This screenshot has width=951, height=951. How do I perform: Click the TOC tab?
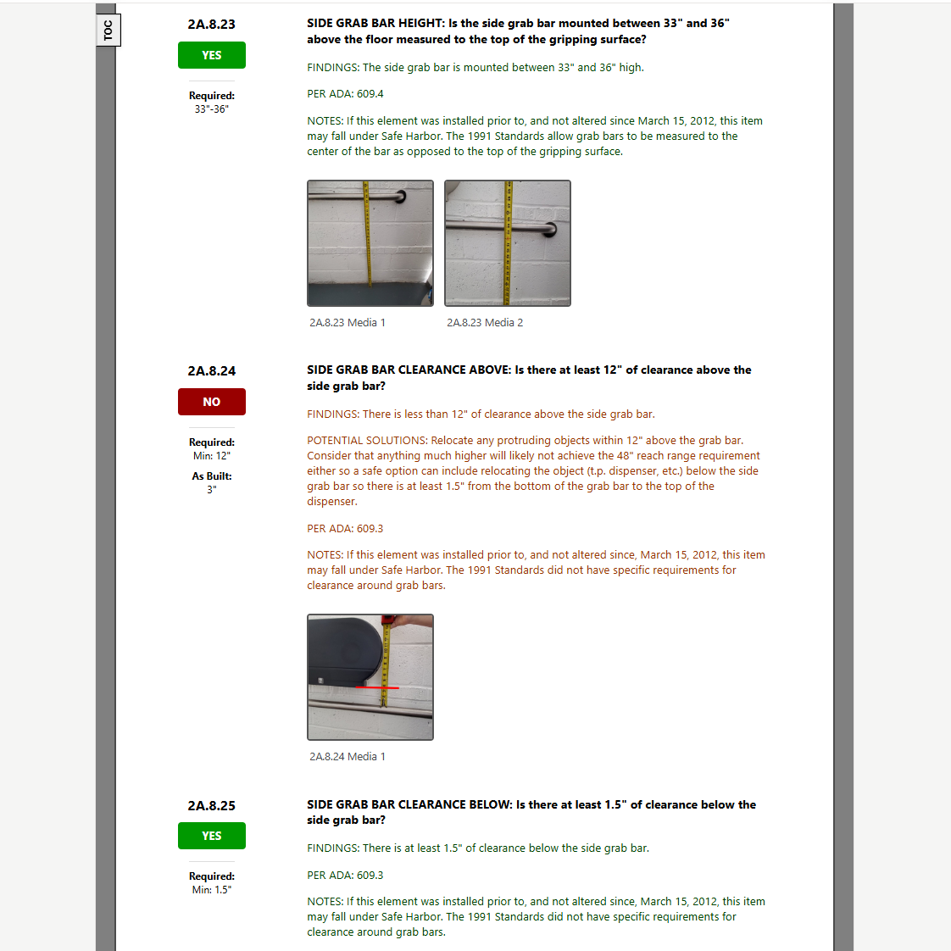pos(108,31)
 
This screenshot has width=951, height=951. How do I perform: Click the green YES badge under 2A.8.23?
pos(212,55)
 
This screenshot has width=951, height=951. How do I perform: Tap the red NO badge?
pos(212,402)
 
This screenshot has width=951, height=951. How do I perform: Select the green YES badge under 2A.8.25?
pos(212,836)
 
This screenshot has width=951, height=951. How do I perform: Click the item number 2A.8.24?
pos(212,371)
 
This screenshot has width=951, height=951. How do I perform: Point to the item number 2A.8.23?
pos(212,25)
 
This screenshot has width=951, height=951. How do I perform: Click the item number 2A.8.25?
pos(212,805)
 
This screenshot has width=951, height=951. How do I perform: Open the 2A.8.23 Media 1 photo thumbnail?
pos(370,243)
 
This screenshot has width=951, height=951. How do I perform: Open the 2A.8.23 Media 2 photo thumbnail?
pos(508,243)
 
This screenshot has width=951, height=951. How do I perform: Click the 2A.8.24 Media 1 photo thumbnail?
pos(370,677)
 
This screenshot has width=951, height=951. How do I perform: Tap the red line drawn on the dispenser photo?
pos(376,687)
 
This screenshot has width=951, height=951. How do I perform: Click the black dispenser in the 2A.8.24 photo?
pos(345,652)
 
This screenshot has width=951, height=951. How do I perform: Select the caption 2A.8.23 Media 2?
pos(485,323)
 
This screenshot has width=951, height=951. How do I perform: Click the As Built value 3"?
pos(212,489)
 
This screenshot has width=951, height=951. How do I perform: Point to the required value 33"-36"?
pos(212,109)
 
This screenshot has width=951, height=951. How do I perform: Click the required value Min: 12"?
pos(212,455)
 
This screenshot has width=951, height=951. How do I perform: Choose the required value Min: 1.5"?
pos(212,890)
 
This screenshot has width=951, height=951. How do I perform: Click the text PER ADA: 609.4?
pos(345,94)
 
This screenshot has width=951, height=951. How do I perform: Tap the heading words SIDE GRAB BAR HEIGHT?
pos(375,23)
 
